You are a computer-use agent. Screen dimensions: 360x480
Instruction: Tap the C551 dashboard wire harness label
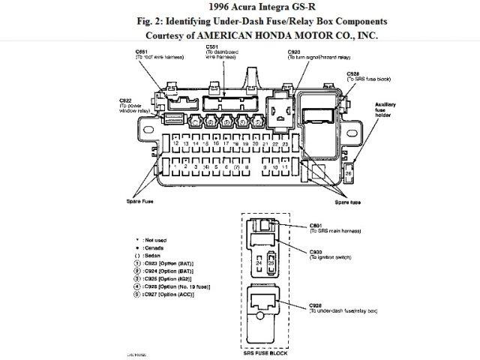[218, 53]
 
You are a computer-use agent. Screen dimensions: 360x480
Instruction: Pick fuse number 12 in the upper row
[174, 142]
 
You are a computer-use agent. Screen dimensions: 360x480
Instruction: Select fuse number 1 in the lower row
[174, 166]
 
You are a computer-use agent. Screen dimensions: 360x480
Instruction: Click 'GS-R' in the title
[268, 7]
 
